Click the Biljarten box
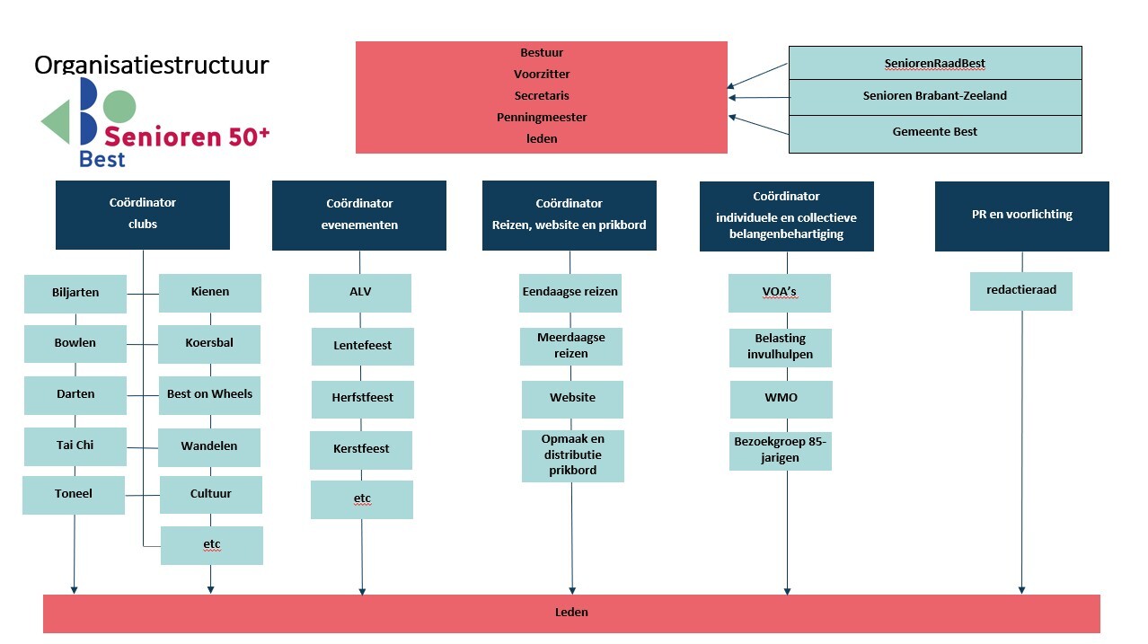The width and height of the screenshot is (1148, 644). pyautogui.click(x=75, y=293)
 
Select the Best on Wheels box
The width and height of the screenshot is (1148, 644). pyautogui.click(x=209, y=395)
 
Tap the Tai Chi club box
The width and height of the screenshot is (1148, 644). pyautogui.click(x=75, y=446)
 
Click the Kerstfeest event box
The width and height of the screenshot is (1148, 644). pyautogui.click(x=361, y=449)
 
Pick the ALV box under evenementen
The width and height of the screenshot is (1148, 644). pyautogui.click(x=360, y=293)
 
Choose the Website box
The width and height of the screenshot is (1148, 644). pyautogui.click(x=572, y=399)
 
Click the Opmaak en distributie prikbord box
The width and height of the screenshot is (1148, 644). pyautogui.click(x=572, y=455)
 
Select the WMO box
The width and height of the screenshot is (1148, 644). pyautogui.click(x=781, y=399)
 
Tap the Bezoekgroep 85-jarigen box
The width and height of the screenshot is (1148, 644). pyautogui.click(x=780, y=450)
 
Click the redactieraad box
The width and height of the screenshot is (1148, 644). pyautogui.click(x=1021, y=292)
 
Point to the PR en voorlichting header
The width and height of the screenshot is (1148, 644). pyautogui.click(x=1021, y=216)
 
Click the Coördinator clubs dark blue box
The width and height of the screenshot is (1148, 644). pyautogui.click(x=143, y=214)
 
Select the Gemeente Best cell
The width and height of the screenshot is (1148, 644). pyautogui.click(x=934, y=133)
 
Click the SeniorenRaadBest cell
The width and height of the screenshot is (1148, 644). pyautogui.click(x=934, y=64)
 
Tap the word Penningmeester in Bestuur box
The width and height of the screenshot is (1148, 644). pyautogui.click(x=542, y=118)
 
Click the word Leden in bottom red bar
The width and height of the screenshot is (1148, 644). pyautogui.click(x=571, y=613)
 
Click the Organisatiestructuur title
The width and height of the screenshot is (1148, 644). pyautogui.click(x=151, y=66)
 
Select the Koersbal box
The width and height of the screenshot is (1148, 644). pyautogui.click(x=209, y=343)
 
